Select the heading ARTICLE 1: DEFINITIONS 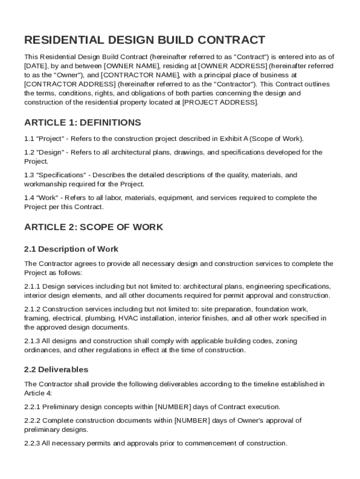tap(82, 123)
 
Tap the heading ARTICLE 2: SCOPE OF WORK tap(94, 227)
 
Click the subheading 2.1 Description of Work tap(71, 249)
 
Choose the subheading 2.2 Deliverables tap(56, 370)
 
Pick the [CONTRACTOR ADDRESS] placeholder tap(70, 84)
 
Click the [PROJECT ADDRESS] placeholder tap(219, 102)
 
